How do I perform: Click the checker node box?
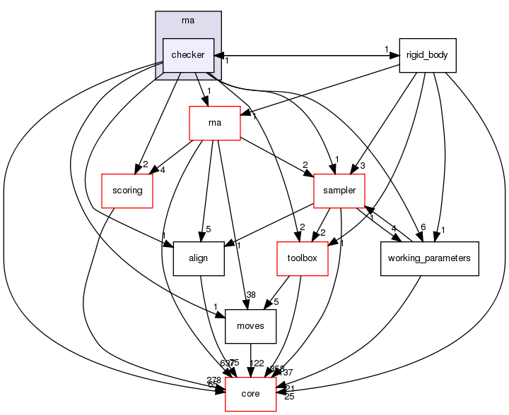tap(189, 55)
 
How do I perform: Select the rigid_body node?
tap(428, 55)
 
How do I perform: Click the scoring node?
tap(127, 191)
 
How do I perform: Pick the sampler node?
tap(339, 191)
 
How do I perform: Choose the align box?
tap(199, 258)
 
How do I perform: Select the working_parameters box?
tap(430, 258)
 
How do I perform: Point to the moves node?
tap(250, 326)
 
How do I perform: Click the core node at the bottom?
tap(250, 394)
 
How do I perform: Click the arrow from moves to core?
tap(250, 360)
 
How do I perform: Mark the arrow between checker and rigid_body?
tap(307, 55)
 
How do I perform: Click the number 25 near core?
tap(288, 397)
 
